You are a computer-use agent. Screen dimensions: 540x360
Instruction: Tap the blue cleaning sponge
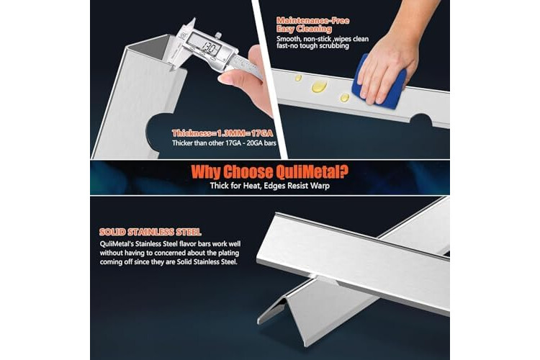[x=379, y=82]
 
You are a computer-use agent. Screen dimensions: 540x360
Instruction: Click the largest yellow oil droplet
[x=318, y=86]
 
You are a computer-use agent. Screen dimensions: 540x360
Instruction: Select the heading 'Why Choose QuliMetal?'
[x=270, y=172]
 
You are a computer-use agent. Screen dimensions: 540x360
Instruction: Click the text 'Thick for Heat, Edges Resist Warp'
[x=270, y=186]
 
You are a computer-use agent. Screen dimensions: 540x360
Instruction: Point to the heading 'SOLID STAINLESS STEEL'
[x=150, y=232]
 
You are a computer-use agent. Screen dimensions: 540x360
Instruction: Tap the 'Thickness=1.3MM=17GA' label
[x=222, y=133]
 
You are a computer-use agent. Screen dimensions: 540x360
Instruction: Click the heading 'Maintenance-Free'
[x=312, y=20]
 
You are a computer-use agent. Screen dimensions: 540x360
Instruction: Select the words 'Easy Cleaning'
[x=304, y=29]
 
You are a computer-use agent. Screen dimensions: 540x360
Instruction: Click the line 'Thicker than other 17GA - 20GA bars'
[x=224, y=143]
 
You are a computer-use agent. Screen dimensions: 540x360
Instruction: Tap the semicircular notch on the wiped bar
[x=421, y=120]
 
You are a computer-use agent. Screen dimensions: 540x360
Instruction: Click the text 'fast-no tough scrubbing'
[x=312, y=46]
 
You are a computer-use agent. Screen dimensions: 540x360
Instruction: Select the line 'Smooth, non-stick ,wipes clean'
[x=323, y=39]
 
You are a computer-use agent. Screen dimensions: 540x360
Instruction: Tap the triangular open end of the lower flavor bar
[x=272, y=311]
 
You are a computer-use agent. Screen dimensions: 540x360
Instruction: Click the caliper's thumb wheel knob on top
[x=218, y=35]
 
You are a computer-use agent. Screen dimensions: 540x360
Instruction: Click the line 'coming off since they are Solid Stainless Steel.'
[x=168, y=262]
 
